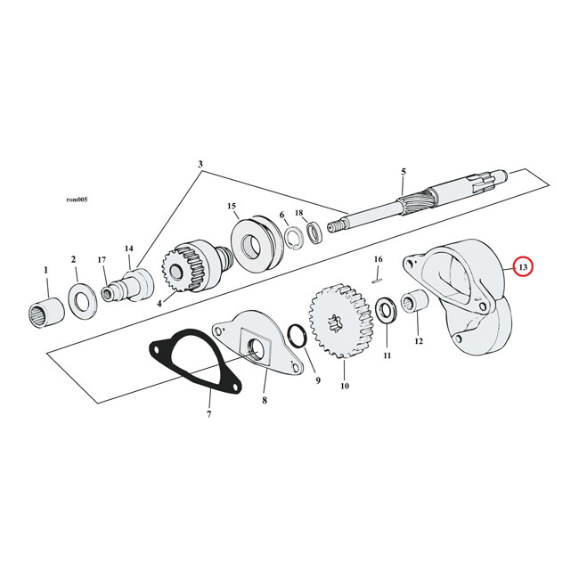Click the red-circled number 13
coord(523,267)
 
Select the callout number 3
coord(200,165)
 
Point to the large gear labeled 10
coord(338,322)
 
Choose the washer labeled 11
coord(387,313)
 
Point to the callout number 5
coord(403,171)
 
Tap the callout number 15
coord(232,206)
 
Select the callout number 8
coord(265,403)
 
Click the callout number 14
coord(128,249)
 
